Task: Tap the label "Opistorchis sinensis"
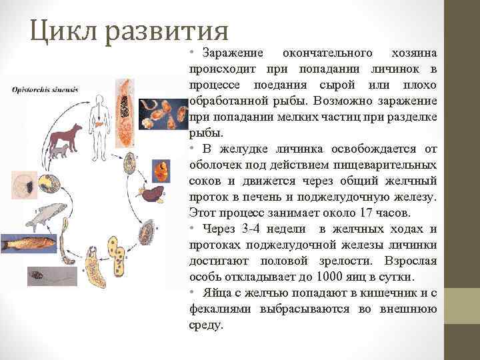[x=45, y=89]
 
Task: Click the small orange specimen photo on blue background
[x=161, y=171]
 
